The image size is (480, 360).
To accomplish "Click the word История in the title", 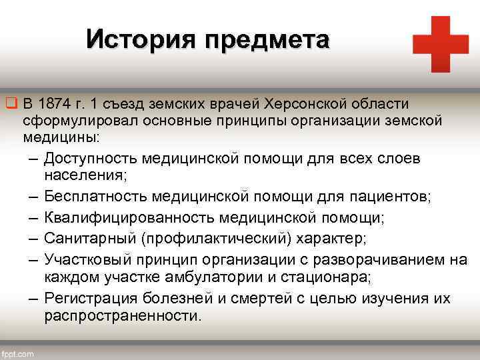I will tap(141, 40).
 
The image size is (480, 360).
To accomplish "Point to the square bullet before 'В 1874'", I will tap(11, 104).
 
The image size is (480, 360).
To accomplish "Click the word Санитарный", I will tap(85, 239).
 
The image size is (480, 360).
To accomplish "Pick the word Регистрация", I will tap(91, 297).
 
